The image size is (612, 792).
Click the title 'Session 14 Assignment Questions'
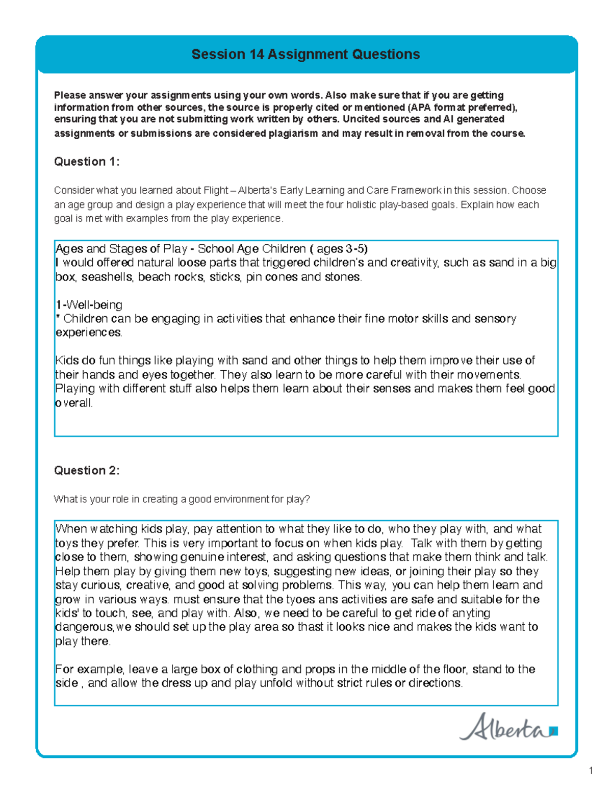tap(305, 55)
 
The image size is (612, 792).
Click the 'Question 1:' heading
tap(87, 162)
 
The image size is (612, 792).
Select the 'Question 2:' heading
tap(87, 470)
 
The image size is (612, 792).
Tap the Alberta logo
tap(508, 727)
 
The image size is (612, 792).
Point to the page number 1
tap(591, 771)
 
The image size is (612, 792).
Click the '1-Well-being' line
tap(89, 305)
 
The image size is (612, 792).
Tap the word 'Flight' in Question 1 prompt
tap(216, 190)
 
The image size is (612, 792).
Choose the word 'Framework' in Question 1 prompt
tap(416, 190)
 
